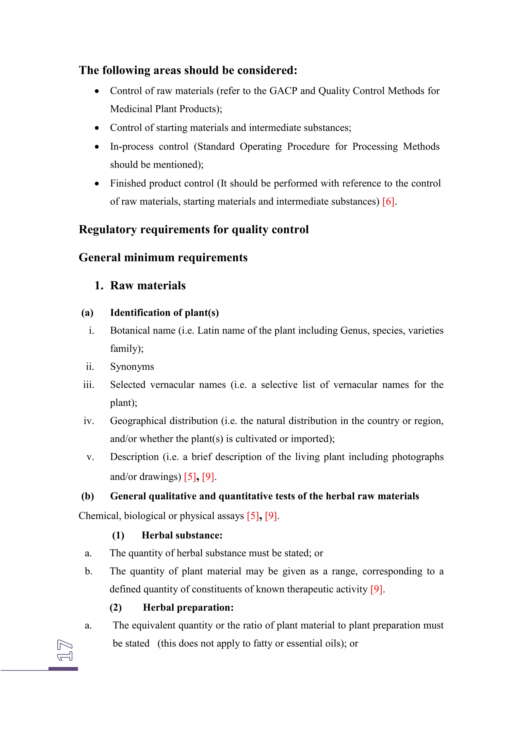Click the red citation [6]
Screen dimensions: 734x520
(388, 202)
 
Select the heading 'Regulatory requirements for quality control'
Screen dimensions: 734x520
(193, 230)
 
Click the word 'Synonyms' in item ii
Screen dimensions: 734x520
(132, 367)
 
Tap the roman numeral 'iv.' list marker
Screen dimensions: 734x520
(89, 421)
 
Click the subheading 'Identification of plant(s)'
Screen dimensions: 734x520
(164, 313)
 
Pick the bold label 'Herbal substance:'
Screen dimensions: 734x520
(182, 536)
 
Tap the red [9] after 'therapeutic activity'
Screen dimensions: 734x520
(376, 590)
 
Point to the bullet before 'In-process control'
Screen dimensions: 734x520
(97, 147)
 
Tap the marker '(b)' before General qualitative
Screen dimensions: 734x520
(87, 496)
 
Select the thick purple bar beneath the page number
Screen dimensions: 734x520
(63, 669)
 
